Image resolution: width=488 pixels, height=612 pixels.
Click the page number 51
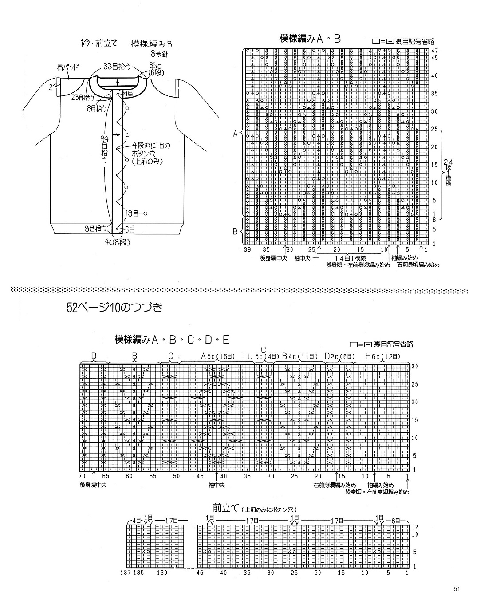[x=457, y=589]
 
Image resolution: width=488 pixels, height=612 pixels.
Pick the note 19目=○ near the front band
[x=136, y=213]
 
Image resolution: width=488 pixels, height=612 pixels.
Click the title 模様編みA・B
[x=310, y=39]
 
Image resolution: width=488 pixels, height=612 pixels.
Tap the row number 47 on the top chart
[x=434, y=51]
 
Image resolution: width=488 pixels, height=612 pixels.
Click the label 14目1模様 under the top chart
[x=350, y=258]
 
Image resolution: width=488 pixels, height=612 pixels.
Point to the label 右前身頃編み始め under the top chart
[x=418, y=265]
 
